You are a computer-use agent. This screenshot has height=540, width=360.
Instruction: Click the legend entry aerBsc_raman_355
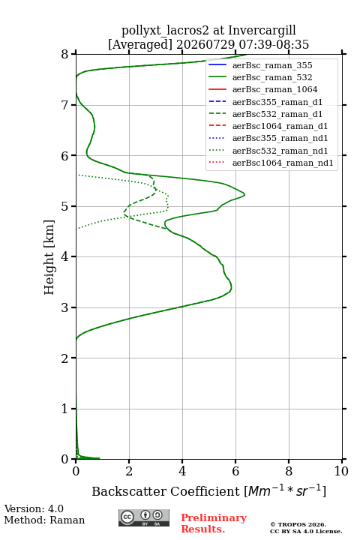click(272, 65)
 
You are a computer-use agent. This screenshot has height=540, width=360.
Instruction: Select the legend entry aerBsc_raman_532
click(272, 77)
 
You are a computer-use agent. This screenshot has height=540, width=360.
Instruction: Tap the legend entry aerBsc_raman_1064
click(275, 89)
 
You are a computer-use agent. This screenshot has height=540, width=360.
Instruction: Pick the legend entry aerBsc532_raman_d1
click(277, 114)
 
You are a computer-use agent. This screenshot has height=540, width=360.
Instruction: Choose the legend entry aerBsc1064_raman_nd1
click(283, 163)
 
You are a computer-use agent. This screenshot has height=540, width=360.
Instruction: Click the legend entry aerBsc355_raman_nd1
click(280, 138)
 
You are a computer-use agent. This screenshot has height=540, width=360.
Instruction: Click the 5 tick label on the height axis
click(64, 206)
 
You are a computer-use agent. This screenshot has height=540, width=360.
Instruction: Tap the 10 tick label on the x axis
click(341, 471)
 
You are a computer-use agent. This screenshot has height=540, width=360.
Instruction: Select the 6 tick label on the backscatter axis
click(235, 471)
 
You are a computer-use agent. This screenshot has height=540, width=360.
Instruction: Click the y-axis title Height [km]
click(49, 257)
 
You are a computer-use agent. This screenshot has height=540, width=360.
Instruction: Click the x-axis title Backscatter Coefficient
click(166, 491)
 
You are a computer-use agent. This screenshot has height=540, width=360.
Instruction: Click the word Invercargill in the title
click(262, 31)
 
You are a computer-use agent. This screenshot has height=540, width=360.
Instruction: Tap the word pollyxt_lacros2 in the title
click(165, 31)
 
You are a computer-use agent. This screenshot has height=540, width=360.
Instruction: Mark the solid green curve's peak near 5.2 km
click(244, 194)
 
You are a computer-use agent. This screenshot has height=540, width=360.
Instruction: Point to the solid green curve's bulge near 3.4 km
click(232, 286)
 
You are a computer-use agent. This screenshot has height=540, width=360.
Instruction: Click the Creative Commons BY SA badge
click(144, 517)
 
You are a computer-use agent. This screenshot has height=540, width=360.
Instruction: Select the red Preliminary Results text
click(214, 523)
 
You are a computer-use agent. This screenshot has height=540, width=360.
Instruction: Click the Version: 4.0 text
click(34, 508)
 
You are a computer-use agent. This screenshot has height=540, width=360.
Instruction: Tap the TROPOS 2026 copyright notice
click(298, 524)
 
